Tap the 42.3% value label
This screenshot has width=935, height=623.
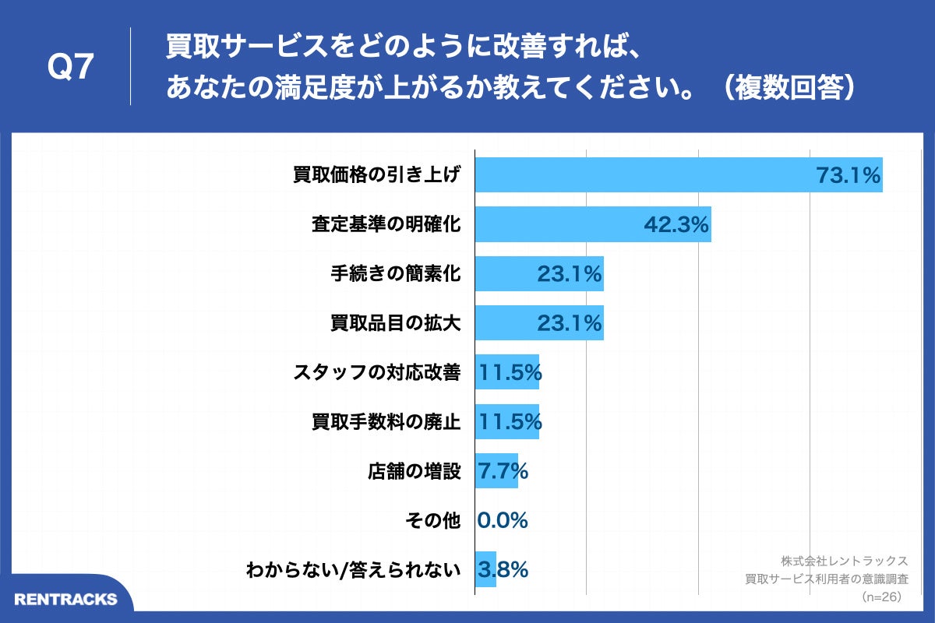point(676,225)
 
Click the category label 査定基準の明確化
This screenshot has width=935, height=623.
point(386,225)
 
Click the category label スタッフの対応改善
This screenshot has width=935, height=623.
point(377,373)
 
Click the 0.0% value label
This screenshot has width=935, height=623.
point(503,520)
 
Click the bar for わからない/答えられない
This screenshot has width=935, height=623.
point(485,569)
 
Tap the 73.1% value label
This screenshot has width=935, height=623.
point(848,176)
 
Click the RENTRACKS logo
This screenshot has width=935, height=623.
point(65,599)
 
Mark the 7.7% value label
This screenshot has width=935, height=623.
point(503,471)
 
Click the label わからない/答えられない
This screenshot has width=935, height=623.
point(353,569)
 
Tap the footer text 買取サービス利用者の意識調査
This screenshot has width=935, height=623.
point(827,579)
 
